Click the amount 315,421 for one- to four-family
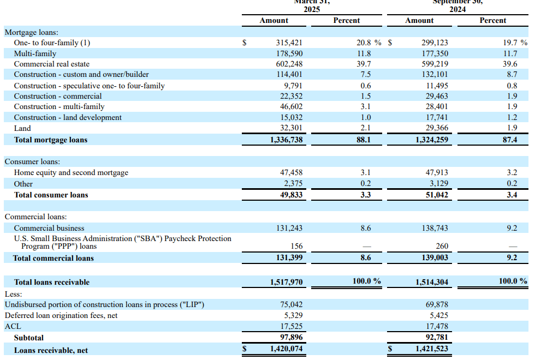[x=289, y=43]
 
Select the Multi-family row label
[x=35, y=53]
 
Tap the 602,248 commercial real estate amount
[x=289, y=64]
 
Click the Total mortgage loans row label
[x=51, y=140]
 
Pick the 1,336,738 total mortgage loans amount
[x=286, y=140]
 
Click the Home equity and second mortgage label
[x=71, y=172]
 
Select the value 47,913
[x=437, y=172]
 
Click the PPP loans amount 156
[x=297, y=246]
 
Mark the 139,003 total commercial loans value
[x=436, y=258]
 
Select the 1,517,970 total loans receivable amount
[x=286, y=282]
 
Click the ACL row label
[x=13, y=326]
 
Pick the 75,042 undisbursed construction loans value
[x=291, y=304]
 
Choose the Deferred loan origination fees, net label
[x=61, y=315]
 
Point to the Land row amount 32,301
[x=291, y=128]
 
